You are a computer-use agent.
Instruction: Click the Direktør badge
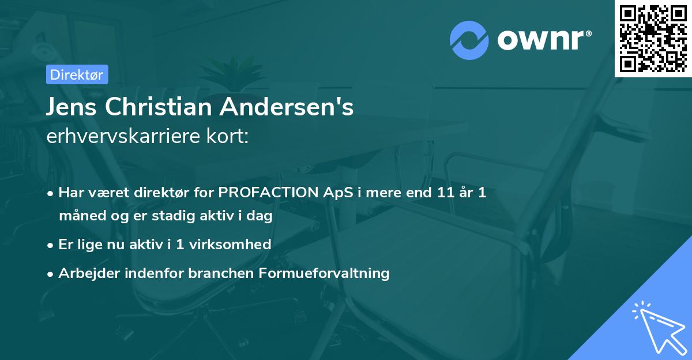tap(76, 74)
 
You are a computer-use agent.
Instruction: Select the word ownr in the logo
tap(542, 40)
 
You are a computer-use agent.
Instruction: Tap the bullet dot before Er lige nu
tap(51, 245)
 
